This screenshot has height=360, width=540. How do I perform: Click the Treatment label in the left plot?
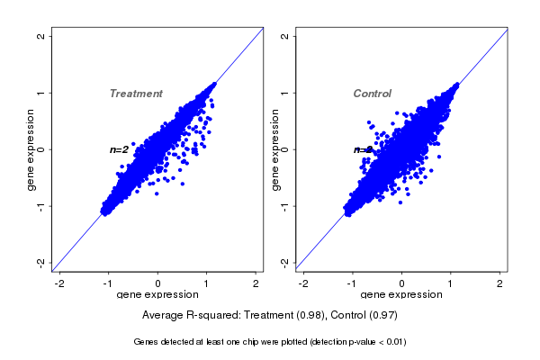(x=136, y=94)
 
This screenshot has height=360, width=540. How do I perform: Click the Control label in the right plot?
(x=372, y=94)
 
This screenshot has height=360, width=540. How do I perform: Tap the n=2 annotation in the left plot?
(x=119, y=149)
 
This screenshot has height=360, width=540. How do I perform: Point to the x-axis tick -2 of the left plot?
(x=60, y=283)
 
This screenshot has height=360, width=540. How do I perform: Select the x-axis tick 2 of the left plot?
(x=256, y=283)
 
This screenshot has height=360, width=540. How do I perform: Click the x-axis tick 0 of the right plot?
(x=402, y=283)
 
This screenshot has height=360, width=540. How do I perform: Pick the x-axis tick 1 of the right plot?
(x=452, y=283)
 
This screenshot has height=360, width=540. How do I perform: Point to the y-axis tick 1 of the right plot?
(x=284, y=93)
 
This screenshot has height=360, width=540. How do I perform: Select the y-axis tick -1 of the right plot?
(x=284, y=205)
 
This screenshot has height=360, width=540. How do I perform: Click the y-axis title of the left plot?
(x=31, y=149)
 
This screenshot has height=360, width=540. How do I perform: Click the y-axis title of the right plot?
(x=274, y=149)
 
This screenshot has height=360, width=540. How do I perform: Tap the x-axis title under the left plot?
(x=158, y=295)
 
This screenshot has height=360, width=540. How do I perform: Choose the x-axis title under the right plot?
(x=402, y=295)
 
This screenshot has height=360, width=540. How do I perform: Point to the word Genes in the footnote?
(x=147, y=342)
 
